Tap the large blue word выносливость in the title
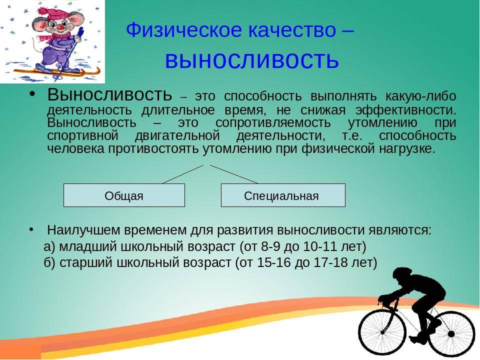pyautogui.click(x=252, y=59)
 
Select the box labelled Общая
pyautogui.click(x=124, y=195)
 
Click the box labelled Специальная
pyautogui.click(x=283, y=195)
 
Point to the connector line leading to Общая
pyautogui.click(x=183, y=174)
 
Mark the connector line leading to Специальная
pyautogui.click(x=234, y=174)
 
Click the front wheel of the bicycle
pyautogui.click(x=382, y=332)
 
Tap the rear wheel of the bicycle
pyautogui.click(x=451, y=334)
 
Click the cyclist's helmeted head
pyautogui.click(x=402, y=275)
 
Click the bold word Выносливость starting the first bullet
pyautogui.click(x=109, y=94)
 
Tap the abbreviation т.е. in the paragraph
pyautogui.click(x=352, y=135)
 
